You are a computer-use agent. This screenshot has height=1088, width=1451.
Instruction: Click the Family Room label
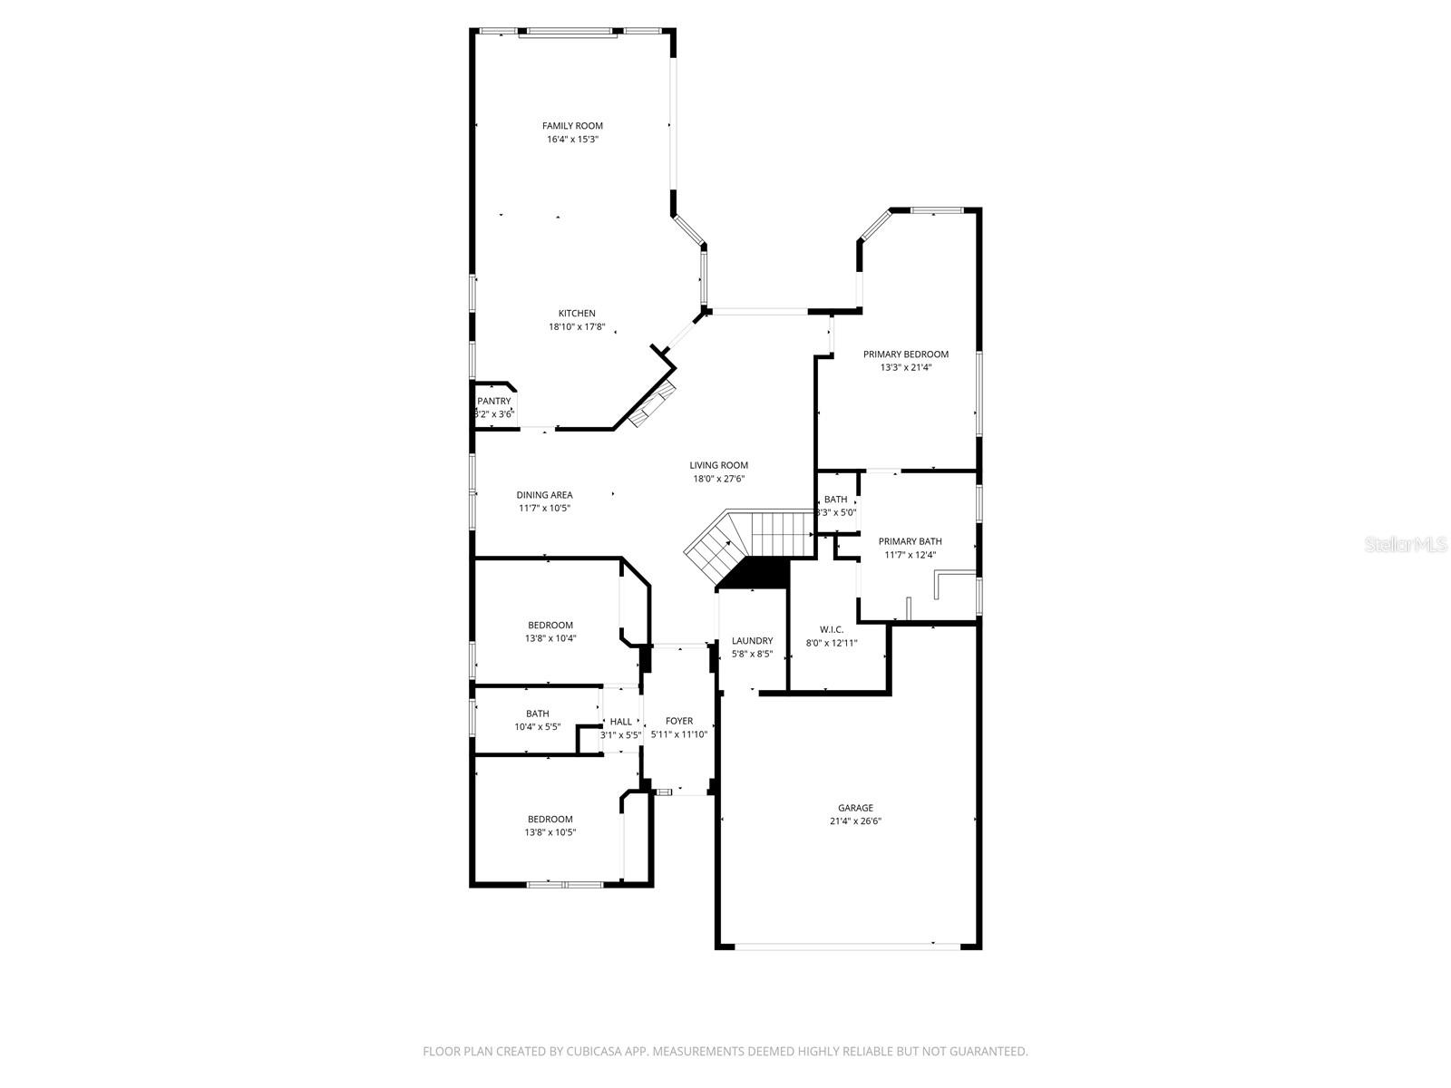(x=572, y=126)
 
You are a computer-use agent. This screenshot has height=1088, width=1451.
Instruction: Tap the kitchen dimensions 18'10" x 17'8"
(x=577, y=327)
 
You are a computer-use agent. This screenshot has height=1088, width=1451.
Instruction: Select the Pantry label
(x=494, y=401)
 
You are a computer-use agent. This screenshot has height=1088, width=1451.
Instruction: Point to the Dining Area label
(x=544, y=495)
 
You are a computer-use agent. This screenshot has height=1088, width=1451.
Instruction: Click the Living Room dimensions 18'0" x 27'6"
(x=719, y=479)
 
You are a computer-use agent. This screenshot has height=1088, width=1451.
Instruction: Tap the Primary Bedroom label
(x=905, y=355)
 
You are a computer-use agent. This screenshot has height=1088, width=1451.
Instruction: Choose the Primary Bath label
(x=910, y=541)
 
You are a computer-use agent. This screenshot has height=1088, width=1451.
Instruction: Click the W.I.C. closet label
(x=832, y=629)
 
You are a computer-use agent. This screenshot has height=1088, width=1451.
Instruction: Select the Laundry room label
(x=752, y=641)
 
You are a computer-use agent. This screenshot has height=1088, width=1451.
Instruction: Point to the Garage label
(x=855, y=808)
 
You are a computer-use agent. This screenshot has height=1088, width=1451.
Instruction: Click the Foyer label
(x=678, y=722)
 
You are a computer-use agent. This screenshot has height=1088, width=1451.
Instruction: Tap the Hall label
(x=620, y=722)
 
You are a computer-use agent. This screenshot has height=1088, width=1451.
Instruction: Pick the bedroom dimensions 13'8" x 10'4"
(x=550, y=638)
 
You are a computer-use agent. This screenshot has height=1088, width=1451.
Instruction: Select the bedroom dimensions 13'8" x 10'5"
(x=550, y=832)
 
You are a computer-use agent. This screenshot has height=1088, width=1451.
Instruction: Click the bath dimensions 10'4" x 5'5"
(x=537, y=727)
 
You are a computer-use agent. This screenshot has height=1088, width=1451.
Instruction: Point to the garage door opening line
(x=847, y=947)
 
